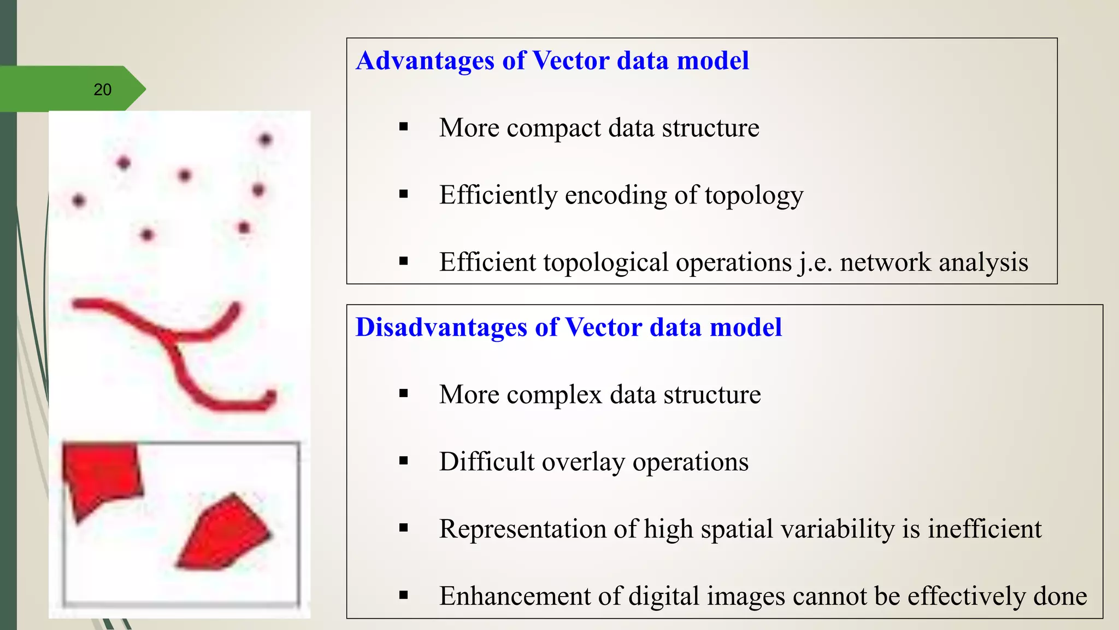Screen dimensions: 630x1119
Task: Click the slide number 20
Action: (x=102, y=90)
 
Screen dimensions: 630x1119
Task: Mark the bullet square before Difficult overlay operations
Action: (x=404, y=461)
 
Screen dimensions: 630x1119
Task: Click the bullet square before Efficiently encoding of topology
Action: (x=404, y=194)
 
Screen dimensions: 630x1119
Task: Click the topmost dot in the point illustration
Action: (x=266, y=139)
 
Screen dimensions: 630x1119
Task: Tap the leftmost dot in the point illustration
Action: (x=79, y=201)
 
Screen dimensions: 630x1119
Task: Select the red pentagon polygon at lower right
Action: (x=227, y=533)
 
